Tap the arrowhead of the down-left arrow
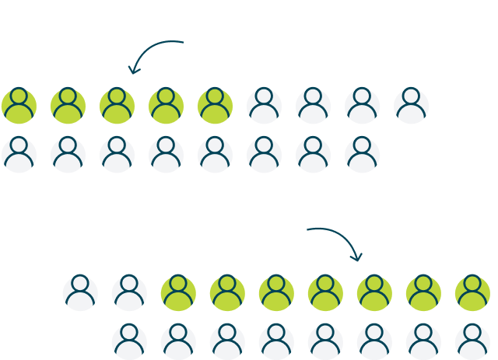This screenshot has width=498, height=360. pos(133,71)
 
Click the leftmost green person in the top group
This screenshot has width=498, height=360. pos(19,106)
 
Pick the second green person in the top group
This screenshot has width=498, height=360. pos(68,106)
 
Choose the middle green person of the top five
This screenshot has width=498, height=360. pos(117,106)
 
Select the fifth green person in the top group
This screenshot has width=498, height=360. pos(216,106)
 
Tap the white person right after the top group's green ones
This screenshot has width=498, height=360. pos(265,106)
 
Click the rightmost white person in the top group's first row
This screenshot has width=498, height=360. pos(412,106)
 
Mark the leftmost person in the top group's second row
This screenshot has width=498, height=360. pos(19,155)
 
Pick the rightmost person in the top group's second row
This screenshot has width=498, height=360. pos(363,155)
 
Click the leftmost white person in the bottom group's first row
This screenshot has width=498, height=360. pos(80,293)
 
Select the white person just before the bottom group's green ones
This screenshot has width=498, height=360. pos(129,293)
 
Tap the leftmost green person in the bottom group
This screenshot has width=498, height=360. pos(178,293)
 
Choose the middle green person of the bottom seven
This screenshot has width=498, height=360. pos(325,293)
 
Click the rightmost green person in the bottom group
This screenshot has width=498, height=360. pos(472,293)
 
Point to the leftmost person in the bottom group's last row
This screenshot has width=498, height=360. pos(129,341)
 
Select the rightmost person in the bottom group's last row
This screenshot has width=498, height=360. pos(472,341)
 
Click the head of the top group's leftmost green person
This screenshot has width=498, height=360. pos(19,97)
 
